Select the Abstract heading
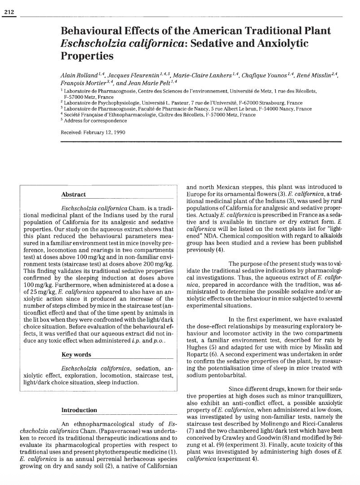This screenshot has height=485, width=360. [x=73, y=195]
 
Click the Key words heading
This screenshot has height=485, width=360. [x=76, y=355]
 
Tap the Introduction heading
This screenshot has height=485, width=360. [x=79, y=410]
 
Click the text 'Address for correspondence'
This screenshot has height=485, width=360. [x=89, y=121]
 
